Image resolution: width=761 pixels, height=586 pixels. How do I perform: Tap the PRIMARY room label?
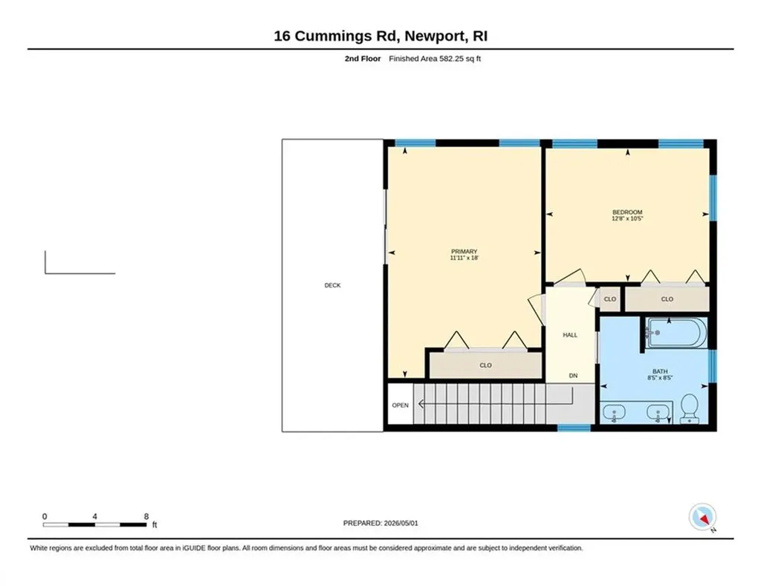[x=464, y=251]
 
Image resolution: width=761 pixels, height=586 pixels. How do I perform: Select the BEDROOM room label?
[x=627, y=212]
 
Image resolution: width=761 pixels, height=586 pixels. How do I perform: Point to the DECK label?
[x=332, y=285]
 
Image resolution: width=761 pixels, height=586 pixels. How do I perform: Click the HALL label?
[x=570, y=335]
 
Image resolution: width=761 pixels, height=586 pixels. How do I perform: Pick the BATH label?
[x=660, y=371]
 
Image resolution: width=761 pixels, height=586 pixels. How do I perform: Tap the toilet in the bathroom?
[x=689, y=408]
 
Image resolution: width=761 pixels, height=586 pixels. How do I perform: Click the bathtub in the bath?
[x=676, y=332]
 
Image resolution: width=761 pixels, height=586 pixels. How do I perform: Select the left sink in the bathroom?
[x=614, y=414]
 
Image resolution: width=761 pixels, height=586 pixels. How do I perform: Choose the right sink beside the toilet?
[x=658, y=414]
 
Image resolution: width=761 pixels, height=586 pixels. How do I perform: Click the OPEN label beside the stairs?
[x=401, y=405]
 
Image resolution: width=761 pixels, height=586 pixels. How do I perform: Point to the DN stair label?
[x=573, y=376]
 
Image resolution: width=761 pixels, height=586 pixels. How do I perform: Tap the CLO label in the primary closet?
[x=485, y=365]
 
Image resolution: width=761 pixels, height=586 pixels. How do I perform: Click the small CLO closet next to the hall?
[x=610, y=299]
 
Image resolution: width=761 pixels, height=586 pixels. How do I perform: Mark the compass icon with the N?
[x=703, y=518]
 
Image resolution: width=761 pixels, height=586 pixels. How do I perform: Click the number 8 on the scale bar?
[x=146, y=517]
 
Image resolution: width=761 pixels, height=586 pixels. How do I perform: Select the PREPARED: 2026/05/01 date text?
[x=380, y=523]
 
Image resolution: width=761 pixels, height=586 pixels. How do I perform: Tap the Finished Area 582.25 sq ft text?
[x=435, y=59]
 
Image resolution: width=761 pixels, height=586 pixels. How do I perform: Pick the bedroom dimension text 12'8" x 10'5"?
[x=627, y=219]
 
